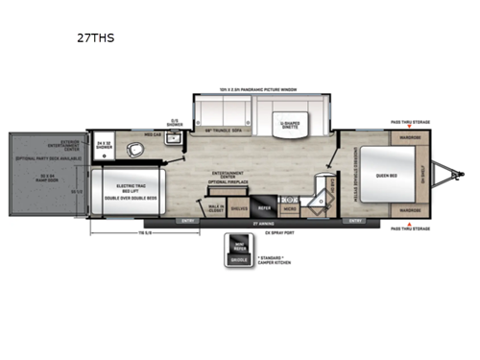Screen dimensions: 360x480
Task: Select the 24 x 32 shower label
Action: [107, 147]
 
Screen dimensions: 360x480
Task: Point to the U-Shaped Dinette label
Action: [289, 127]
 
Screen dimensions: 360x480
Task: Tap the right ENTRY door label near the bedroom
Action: [355, 221]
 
